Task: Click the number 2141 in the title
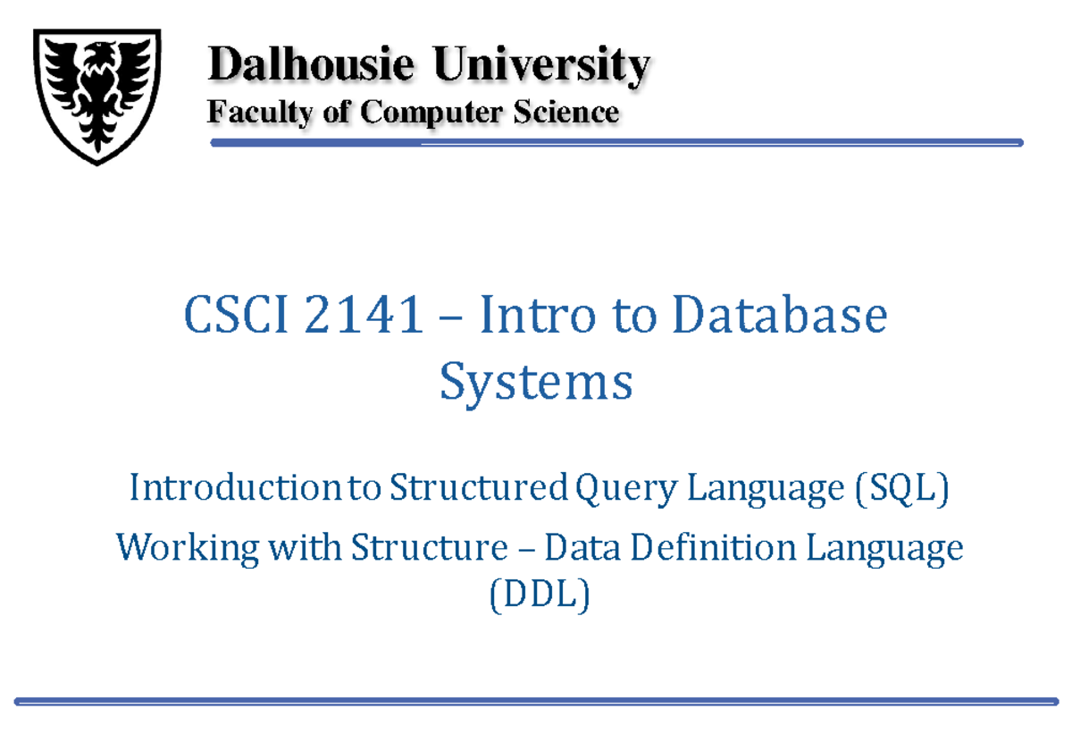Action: coord(363,317)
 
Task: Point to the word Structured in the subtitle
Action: coord(478,489)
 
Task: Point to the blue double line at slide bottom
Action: coord(536,702)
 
